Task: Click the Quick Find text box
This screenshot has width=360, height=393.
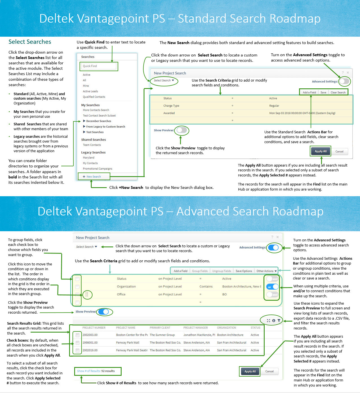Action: tap(99, 66)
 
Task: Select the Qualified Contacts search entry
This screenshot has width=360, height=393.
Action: tap(94, 97)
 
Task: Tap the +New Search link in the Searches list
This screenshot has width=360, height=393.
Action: tap(93, 177)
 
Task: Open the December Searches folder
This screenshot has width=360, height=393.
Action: tap(98, 121)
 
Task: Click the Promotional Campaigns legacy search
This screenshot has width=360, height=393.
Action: tap(97, 169)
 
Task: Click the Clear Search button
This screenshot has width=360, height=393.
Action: tap(338, 93)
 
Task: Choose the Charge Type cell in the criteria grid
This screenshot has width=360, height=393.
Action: tap(171, 106)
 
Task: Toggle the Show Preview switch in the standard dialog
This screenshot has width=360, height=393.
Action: tap(182, 130)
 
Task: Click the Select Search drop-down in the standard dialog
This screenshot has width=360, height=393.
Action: tap(164, 80)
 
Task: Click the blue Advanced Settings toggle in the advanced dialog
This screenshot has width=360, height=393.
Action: tap(273, 248)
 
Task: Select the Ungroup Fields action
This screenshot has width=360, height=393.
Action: tap(221, 271)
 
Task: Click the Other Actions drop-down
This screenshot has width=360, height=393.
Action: tap(266, 271)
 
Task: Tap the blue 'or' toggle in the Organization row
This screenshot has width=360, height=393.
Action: tap(272, 287)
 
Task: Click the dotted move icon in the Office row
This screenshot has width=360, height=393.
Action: tap(87, 294)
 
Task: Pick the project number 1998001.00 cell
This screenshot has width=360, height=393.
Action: tap(90, 343)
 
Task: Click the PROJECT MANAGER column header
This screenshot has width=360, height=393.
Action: tap(196, 328)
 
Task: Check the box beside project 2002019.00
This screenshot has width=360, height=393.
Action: tap(77, 350)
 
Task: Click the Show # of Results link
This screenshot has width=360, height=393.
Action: tap(96, 371)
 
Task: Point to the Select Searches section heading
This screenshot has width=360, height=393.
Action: tap(30, 42)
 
